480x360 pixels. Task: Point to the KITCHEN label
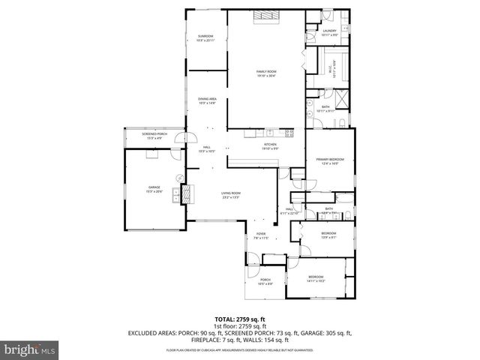point(270,146)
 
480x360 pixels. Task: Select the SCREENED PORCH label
point(154,136)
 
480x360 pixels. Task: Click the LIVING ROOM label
point(230,196)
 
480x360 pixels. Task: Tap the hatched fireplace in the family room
point(266,17)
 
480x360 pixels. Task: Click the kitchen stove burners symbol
point(289,133)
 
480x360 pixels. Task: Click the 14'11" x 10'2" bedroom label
point(315,279)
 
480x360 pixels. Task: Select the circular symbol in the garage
point(180,178)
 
